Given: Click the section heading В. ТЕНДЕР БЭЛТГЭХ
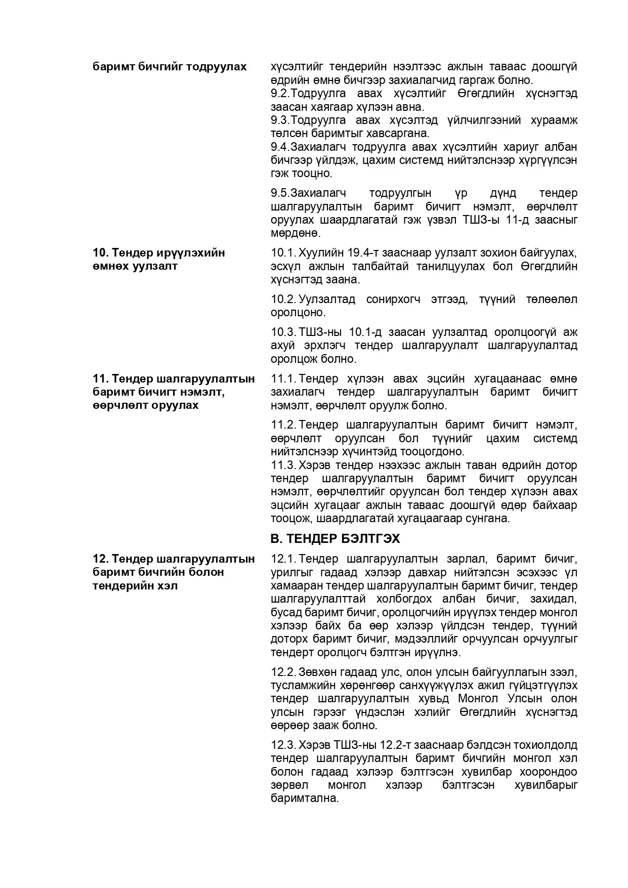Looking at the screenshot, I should click(335, 538).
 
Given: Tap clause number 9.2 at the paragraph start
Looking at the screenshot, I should click(280, 94).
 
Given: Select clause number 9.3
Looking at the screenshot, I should click(280, 120).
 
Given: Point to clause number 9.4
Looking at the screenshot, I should click(280, 147).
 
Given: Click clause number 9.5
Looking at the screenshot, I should click(280, 193).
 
